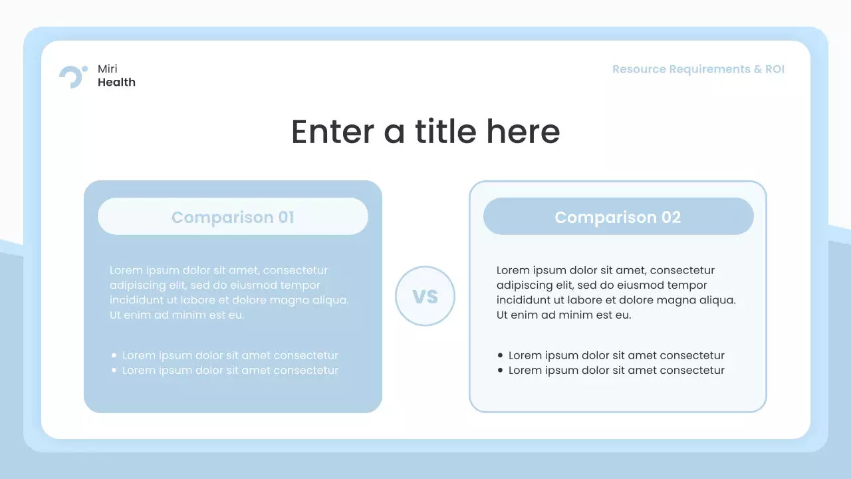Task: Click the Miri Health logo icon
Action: click(x=72, y=77)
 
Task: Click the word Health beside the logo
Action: click(x=116, y=82)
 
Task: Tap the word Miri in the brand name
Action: click(x=107, y=69)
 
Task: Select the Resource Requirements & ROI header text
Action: click(x=698, y=69)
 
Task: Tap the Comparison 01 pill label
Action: click(x=233, y=217)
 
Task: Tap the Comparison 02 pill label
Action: click(x=618, y=217)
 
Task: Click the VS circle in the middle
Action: click(x=425, y=296)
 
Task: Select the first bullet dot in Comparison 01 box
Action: click(x=114, y=356)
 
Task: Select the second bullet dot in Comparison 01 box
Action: click(x=114, y=371)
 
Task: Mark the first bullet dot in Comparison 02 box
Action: click(x=501, y=356)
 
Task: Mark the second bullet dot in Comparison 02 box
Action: click(x=501, y=371)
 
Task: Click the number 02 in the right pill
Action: click(x=671, y=217)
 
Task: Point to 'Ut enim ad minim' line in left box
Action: click(x=177, y=315)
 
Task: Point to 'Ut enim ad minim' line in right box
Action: click(x=564, y=315)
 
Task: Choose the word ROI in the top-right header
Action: click(x=775, y=69)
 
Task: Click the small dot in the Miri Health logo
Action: click(x=84, y=69)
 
